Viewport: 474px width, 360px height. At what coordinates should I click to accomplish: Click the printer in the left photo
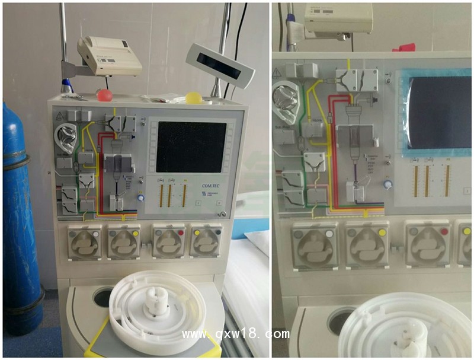[110, 56]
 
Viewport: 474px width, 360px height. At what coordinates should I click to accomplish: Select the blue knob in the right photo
[387, 184]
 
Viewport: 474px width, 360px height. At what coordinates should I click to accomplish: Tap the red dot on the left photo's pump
[181, 234]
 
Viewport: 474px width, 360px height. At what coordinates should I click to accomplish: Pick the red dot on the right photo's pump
[444, 232]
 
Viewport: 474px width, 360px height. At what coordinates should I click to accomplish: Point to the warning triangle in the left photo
[60, 117]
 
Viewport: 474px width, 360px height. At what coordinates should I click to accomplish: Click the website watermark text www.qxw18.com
[235, 333]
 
